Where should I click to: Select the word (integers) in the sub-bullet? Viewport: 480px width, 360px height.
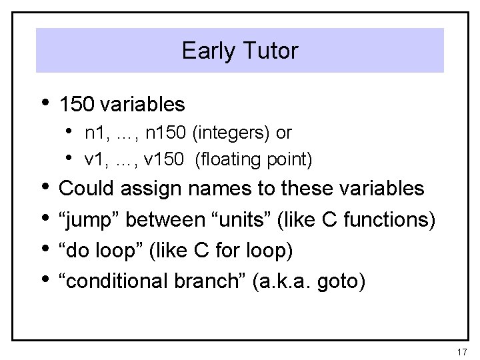click(x=232, y=133)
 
